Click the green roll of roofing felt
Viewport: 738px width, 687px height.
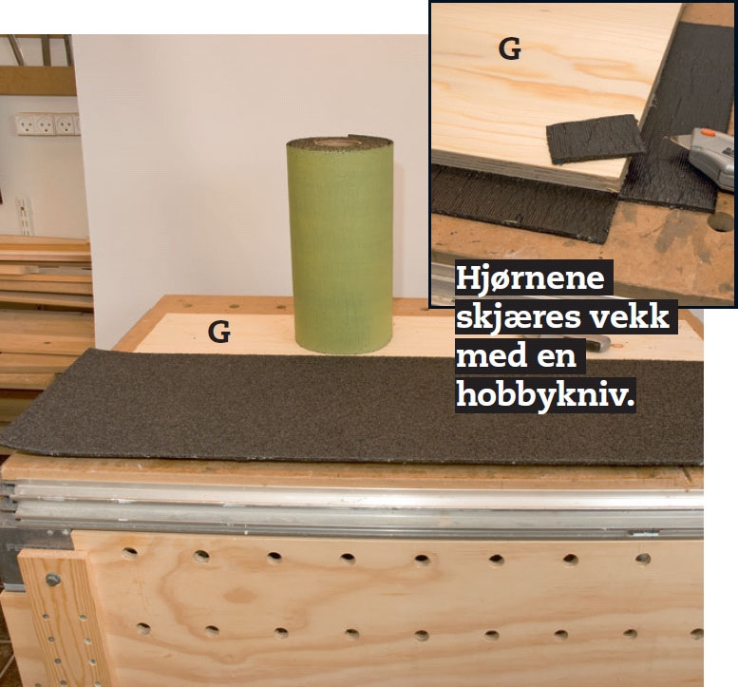340,245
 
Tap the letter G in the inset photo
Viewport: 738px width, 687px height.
509,49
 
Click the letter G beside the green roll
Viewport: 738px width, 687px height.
218,332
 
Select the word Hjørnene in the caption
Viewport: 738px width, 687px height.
530,277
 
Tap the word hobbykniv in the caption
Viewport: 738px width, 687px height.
545,393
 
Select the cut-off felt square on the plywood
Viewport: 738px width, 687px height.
595,139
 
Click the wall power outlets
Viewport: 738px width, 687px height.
47,124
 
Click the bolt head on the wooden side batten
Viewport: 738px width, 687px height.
53,580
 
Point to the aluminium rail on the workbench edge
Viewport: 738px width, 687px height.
353,506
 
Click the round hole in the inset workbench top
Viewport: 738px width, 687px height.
723,221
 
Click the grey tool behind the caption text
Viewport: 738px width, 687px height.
596,343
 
